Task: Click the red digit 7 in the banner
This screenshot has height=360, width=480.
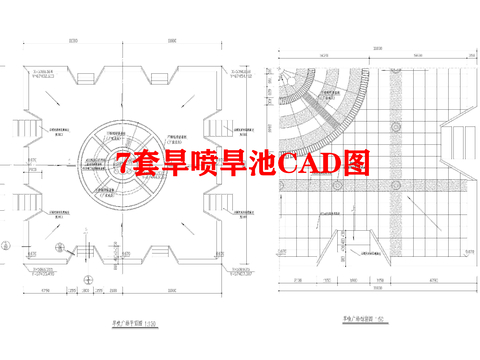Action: tap(124, 163)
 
